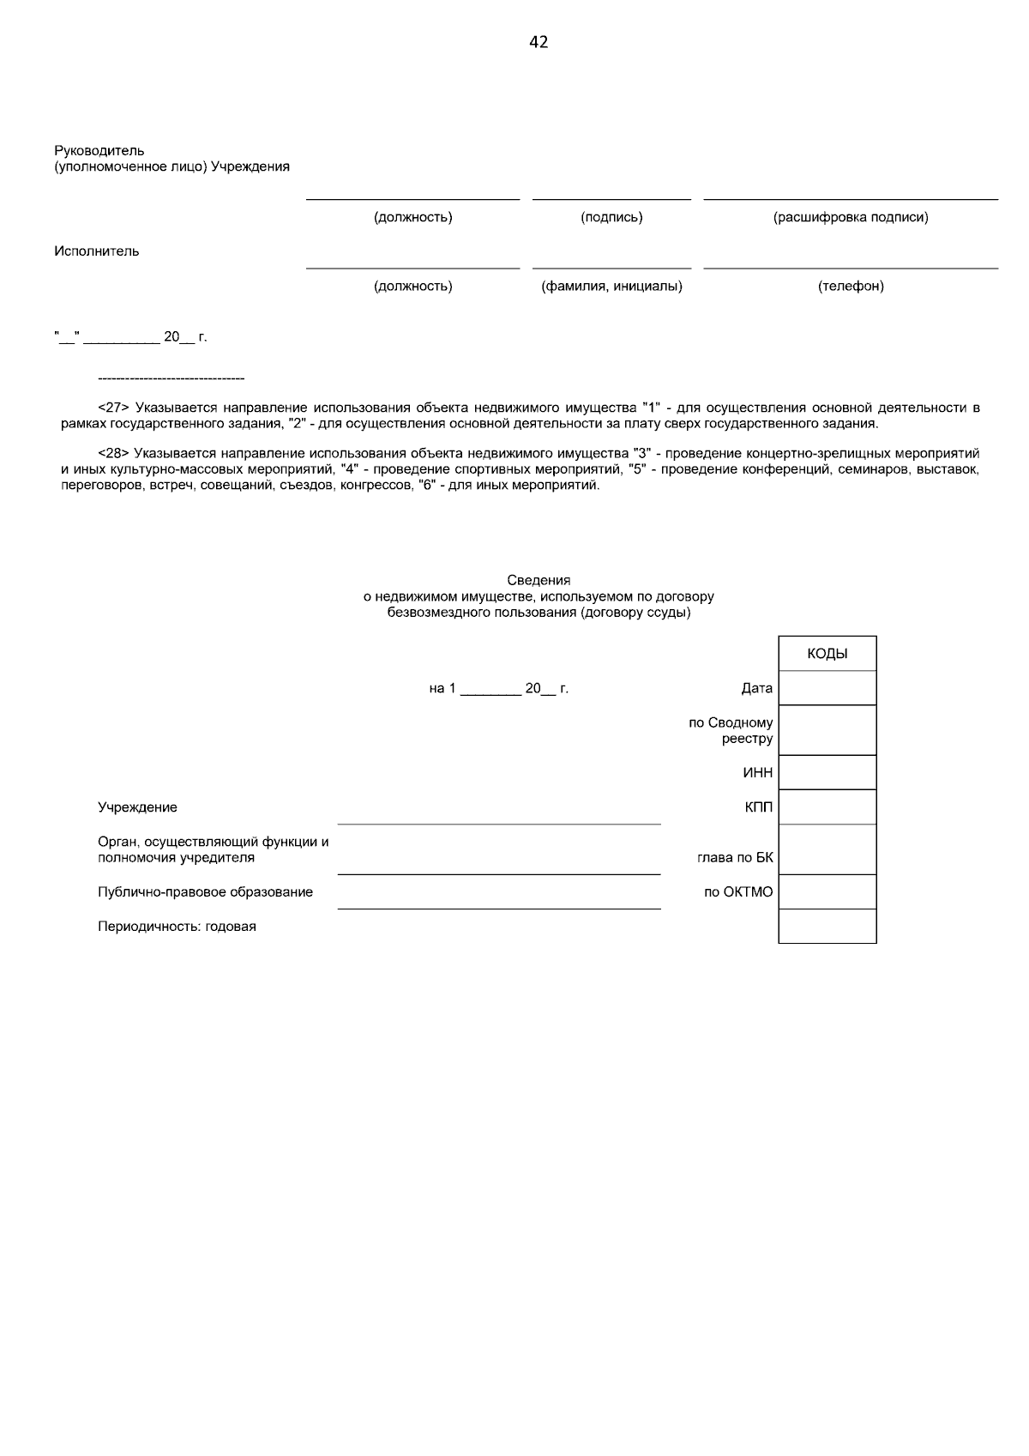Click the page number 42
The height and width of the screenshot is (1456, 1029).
pos(539,42)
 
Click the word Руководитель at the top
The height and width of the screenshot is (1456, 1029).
pos(99,151)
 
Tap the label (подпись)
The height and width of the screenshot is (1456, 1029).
pos(611,217)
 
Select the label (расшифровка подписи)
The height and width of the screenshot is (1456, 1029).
pos(851,217)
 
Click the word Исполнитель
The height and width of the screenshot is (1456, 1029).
pos(97,251)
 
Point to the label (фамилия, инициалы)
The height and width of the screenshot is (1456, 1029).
pos(611,286)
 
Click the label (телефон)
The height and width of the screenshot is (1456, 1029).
pos(851,286)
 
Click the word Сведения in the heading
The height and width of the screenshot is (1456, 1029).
pos(539,581)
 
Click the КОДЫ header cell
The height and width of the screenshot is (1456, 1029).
pos(827,654)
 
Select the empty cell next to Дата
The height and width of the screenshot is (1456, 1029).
pos(827,688)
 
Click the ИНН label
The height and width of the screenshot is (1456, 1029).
pos(758,773)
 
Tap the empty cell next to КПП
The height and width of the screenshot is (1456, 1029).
pos(827,807)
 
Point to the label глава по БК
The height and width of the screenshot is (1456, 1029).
pos(735,857)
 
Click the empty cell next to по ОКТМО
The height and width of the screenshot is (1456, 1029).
pos(827,892)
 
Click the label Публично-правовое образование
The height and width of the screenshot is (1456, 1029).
pos(205,892)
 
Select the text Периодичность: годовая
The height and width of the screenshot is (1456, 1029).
pos(177,927)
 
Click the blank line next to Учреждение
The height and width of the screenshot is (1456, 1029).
pos(499,815)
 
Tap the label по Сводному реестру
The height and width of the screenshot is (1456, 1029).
pos(731,730)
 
